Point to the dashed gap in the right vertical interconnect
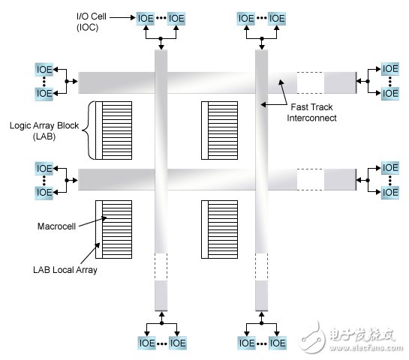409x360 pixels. [262, 266]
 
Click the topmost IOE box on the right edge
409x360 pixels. [390, 69]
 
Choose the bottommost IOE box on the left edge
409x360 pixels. [44, 192]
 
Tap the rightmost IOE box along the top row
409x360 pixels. [276, 17]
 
